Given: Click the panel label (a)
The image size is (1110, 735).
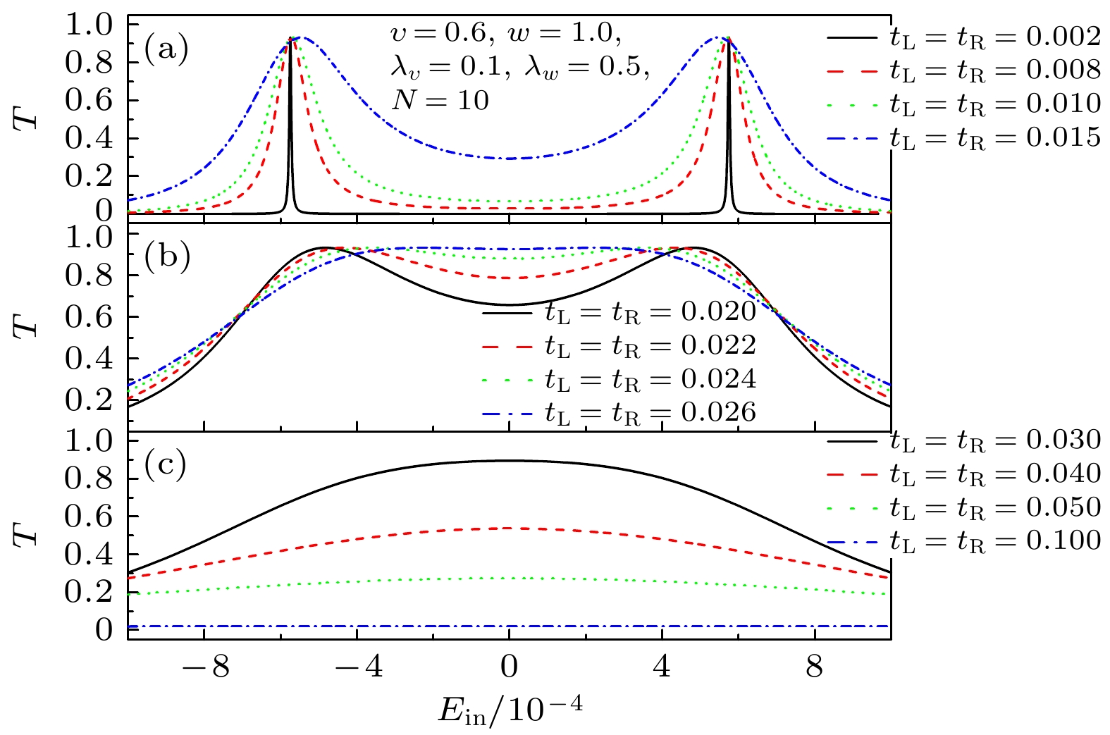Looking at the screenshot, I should [x=166, y=51].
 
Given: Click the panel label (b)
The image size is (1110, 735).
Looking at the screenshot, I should [x=167, y=258].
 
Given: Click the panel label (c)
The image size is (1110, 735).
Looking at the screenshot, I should [x=166, y=464].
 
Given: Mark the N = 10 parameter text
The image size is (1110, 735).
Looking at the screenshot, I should [x=440, y=101].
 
